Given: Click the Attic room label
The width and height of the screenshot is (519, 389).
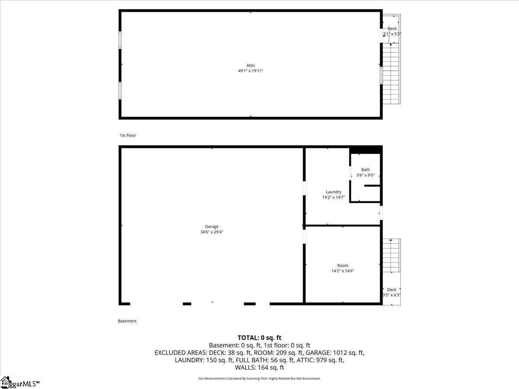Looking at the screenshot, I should point(251,66).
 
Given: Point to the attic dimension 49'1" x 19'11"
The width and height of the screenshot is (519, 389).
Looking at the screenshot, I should point(251,71).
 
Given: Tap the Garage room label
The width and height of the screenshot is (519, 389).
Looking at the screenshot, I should point(212,226).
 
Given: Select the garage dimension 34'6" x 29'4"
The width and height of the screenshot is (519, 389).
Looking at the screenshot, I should point(212,232).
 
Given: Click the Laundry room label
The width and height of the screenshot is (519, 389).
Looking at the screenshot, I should point(333,192).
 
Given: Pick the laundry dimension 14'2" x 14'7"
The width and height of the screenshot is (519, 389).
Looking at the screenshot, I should point(333,198).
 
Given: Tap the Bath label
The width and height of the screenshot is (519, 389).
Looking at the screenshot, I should point(365,170).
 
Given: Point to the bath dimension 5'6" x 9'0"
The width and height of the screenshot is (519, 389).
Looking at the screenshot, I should point(365,175).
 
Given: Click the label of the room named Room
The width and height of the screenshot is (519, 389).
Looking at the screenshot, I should point(343,266).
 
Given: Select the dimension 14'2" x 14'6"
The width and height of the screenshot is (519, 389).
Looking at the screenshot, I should point(343,271).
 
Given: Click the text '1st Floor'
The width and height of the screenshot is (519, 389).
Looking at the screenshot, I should point(128,136).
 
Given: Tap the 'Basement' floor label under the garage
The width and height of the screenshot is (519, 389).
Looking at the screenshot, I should point(127,321).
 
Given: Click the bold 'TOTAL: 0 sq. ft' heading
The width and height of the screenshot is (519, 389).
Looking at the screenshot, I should point(259,338).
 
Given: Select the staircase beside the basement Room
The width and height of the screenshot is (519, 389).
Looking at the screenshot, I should point(391,256).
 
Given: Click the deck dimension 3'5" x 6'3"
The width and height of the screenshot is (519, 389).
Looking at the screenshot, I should point(391,295).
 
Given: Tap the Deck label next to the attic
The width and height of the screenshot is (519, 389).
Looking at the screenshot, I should point(392,29).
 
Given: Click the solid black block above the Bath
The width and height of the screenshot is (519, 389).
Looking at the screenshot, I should point(365,150).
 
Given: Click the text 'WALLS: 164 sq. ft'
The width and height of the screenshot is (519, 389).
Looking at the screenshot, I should point(259,368).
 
